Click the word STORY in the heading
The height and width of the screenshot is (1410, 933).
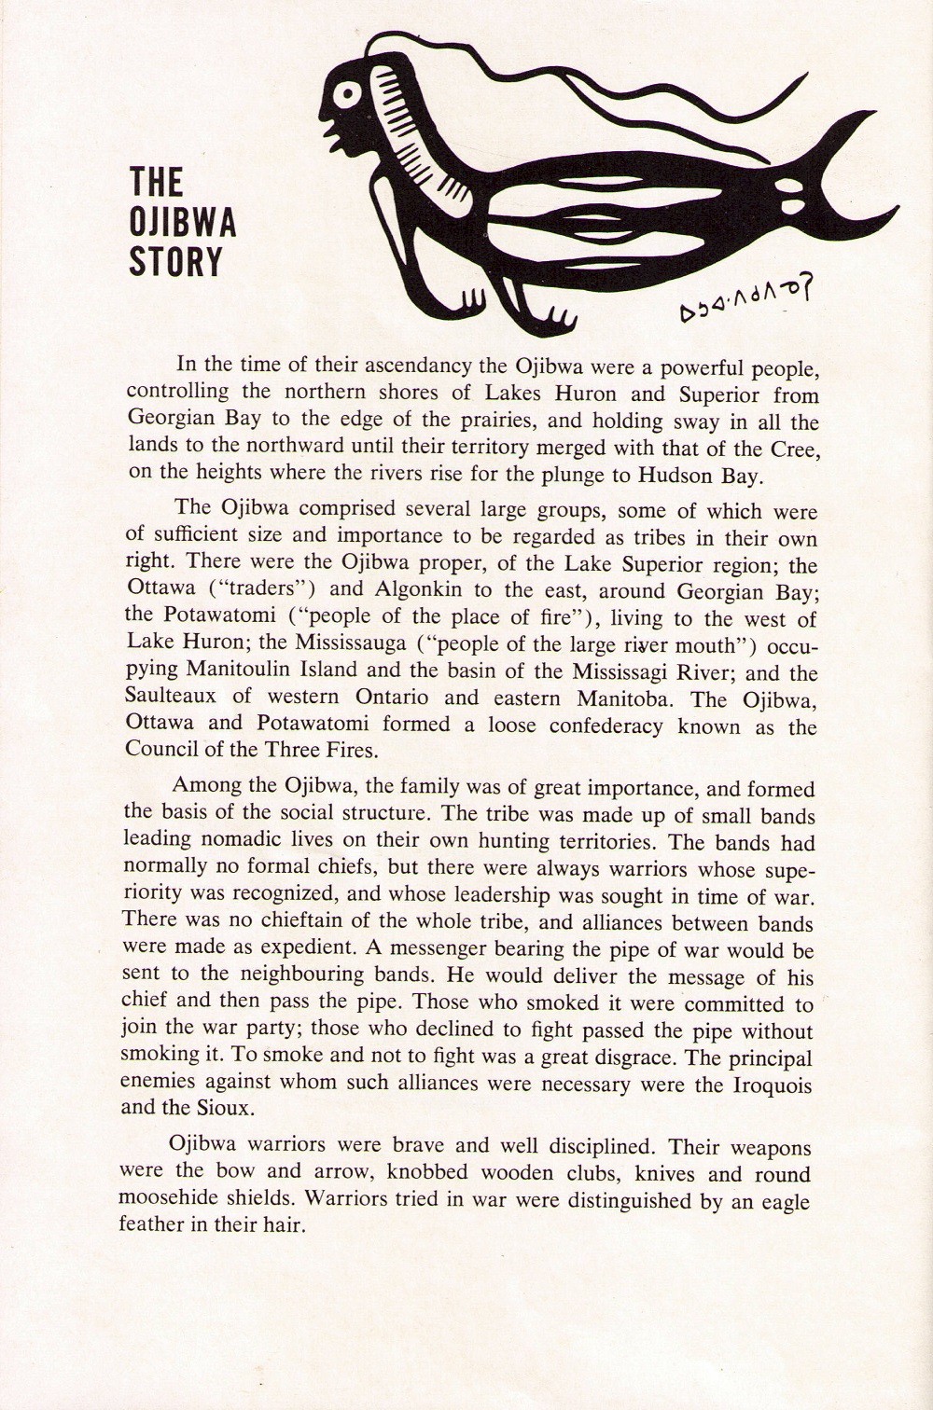pos(176,262)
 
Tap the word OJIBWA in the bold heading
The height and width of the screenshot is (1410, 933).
pos(183,221)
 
